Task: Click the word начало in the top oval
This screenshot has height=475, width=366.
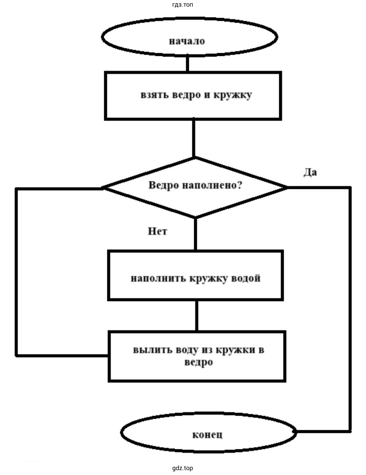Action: coord(187,41)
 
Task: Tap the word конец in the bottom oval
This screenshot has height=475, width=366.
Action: coord(207,434)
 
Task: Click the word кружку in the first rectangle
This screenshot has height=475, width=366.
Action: coord(233,95)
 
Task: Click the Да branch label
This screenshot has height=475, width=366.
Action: coord(310,172)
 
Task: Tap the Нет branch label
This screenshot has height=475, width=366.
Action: coord(157,231)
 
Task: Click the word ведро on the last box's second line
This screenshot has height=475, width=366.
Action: coord(198,362)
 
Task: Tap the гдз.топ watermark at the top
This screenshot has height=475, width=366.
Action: coord(182,5)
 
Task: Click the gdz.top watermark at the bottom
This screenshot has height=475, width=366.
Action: coord(182,468)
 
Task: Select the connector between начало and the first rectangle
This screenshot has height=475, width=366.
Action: coord(188,64)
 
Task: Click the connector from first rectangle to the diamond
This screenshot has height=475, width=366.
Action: coord(193,138)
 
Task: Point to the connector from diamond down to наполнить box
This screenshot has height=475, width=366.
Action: coord(195,234)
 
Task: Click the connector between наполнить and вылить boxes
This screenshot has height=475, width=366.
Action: coord(197,316)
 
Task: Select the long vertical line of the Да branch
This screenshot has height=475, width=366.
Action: coord(350,309)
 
